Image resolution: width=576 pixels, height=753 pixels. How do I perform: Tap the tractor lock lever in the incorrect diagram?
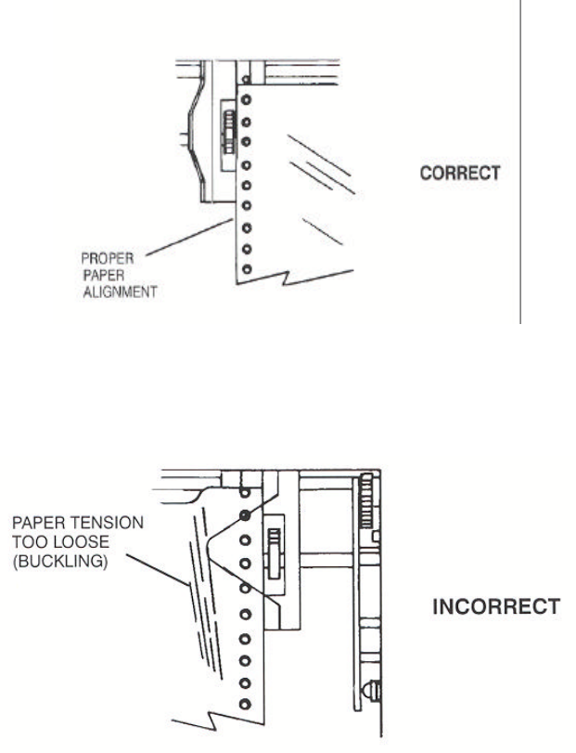275,553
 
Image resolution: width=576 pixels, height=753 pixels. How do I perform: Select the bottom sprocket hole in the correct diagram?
246,269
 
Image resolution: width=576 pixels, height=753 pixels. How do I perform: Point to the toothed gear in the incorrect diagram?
365,502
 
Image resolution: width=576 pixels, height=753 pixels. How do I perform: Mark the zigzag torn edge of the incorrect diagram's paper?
211,720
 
